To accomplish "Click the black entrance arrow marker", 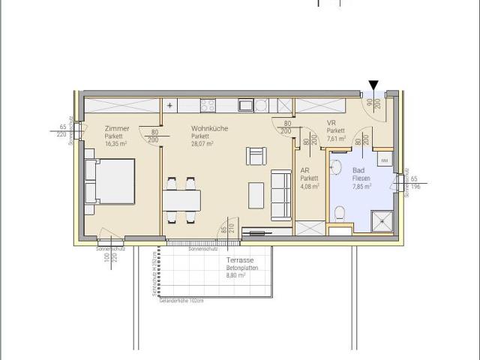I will (374, 86).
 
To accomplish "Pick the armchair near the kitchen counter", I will (256, 156).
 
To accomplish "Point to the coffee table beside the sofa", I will (256, 194).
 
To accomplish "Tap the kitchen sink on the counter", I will (244, 106).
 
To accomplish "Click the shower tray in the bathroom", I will (383, 219).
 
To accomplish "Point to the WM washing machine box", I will (384, 160).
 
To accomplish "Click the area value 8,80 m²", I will (236, 275).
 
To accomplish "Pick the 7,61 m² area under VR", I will (336, 138).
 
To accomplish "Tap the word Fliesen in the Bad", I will (362, 178).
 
